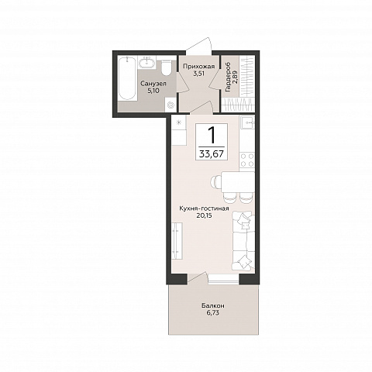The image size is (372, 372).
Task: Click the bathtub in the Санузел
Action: (x=127, y=78)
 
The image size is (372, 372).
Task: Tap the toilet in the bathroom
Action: (x=166, y=67)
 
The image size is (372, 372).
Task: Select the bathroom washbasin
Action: (x=146, y=63)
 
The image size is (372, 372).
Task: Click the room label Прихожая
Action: (x=198, y=67)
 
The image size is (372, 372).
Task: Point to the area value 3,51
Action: (x=199, y=74)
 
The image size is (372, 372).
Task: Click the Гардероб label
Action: (x=228, y=77)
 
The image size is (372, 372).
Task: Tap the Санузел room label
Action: (x=153, y=84)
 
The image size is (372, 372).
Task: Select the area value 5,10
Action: (x=153, y=91)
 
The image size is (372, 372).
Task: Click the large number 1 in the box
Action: (x=212, y=136)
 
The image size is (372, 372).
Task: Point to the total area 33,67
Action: (x=212, y=154)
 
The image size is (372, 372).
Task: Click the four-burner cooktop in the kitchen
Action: (x=247, y=160)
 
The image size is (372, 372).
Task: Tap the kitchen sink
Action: (x=247, y=122)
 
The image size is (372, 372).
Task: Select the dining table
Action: (x=238, y=182)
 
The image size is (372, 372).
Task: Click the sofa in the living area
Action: (x=242, y=241)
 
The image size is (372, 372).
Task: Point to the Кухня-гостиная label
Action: (x=204, y=208)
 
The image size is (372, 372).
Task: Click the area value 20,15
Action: (x=204, y=215)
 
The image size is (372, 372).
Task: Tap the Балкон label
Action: (x=213, y=306)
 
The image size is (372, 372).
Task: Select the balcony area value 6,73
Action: (x=213, y=313)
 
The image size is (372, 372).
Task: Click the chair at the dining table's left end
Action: (x=216, y=182)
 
